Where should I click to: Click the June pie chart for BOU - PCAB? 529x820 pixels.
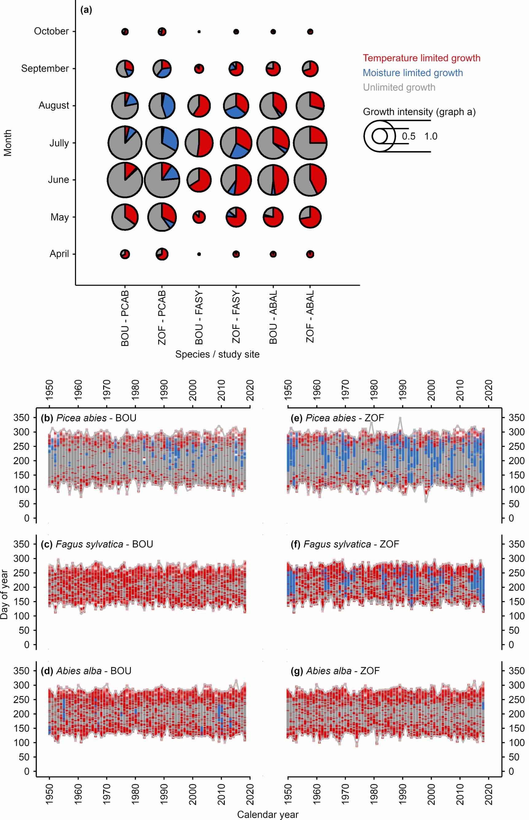[125, 180]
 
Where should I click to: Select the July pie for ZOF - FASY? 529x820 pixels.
[236, 143]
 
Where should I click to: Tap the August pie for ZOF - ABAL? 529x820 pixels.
[310, 106]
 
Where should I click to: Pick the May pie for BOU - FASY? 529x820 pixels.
[199, 217]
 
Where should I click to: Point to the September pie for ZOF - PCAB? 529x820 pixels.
[162, 69]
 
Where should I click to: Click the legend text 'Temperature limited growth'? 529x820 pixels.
[421, 58]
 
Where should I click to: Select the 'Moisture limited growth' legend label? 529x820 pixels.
[412, 73]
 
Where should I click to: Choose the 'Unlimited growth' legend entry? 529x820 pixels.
[399, 87]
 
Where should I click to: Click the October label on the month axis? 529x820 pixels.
[51, 31]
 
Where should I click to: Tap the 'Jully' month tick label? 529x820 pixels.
[59, 143]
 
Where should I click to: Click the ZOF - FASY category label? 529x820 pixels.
[236, 317]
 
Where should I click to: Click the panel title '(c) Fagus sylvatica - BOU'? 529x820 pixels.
[97, 544]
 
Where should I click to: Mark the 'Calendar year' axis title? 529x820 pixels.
[268, 814]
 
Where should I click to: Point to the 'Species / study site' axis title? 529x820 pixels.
[217, 354]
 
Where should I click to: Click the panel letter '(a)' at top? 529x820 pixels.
[86, 10]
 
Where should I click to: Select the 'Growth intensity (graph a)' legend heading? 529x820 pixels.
[419, 112]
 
